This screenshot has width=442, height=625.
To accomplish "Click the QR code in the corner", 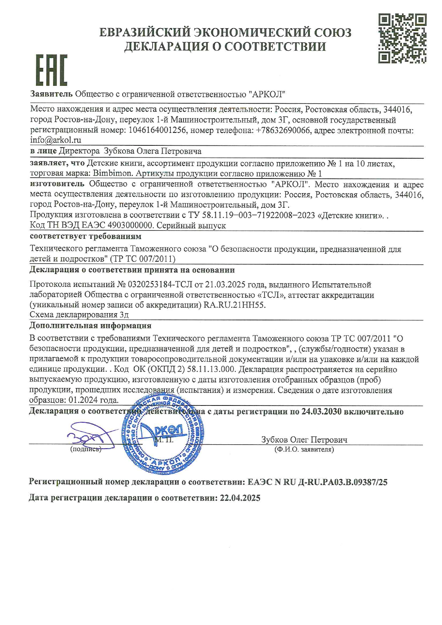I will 402,38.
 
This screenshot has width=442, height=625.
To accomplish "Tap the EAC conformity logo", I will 51,70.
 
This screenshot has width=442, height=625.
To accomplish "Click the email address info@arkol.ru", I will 56,140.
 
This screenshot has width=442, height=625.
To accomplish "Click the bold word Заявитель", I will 51,94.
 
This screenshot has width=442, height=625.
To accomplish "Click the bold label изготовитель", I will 57,184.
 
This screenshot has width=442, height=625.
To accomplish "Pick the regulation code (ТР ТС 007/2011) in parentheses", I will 143,259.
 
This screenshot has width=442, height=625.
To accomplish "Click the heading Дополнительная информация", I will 90,325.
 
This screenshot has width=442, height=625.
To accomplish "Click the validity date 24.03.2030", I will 321,412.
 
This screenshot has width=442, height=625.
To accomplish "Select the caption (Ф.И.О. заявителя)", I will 304,450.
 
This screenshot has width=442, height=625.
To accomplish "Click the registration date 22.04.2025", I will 240,498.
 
